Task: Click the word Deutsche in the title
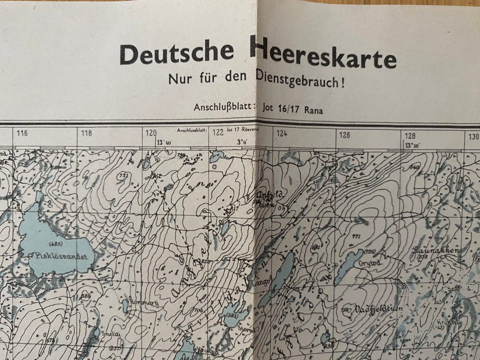point(176,53)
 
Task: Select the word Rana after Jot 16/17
point(312,110)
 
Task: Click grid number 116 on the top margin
point(22,133)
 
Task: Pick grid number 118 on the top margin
point(86,133)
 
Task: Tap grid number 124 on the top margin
point(282,134)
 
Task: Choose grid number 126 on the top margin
point(344,135)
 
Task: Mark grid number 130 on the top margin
point(473,136)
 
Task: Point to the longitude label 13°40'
point(163,142)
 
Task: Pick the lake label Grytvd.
point(367,262)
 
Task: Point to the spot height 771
point(356,235)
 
